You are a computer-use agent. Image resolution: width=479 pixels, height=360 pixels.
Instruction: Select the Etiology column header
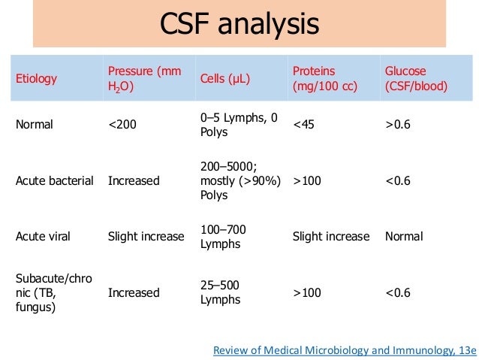(x=36, y=79)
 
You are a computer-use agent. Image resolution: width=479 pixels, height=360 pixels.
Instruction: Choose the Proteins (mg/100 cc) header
(x=326, y=79)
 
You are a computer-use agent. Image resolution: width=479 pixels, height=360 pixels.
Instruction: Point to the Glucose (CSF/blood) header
(x=417, y=79)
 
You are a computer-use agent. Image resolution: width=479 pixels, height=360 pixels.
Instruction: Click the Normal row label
(x=35, y=125)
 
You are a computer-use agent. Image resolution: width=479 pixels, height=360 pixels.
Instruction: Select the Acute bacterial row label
(x=55, y=180)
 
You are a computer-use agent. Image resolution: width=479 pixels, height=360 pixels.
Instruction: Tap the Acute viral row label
(x=43, y=236)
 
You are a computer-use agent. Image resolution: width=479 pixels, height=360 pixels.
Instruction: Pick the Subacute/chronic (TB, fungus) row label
(x=53, y=292)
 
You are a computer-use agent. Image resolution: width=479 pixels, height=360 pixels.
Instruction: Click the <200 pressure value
(x=122, y=125)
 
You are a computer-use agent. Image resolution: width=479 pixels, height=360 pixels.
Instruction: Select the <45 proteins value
(x=304, y=125)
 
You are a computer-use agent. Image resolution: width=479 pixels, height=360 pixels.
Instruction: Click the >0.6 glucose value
(x=398, y=125)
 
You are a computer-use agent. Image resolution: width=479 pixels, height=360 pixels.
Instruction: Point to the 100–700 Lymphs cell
(x=223, y=236)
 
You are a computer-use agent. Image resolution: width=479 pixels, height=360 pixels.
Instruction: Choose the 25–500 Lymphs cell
(x=221, y=292)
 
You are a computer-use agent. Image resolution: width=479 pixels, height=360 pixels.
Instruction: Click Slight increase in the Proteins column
(x=331, y=236)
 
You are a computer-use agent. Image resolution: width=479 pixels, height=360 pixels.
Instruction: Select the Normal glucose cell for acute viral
(x=404, y=236)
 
